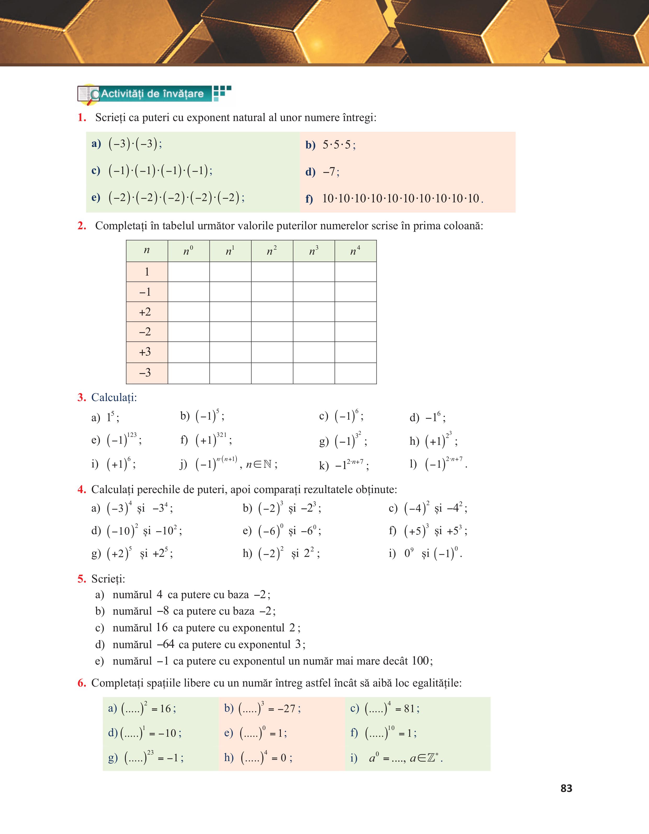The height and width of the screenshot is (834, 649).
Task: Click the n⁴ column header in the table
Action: point(355,251)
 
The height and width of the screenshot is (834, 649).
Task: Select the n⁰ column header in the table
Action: point(188,251)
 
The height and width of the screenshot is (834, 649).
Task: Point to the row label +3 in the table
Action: point(145,352)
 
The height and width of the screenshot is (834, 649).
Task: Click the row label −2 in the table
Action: point(145,332)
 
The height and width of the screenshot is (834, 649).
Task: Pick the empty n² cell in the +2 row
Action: point(272,312)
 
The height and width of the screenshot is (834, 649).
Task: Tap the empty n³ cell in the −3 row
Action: point(314,373)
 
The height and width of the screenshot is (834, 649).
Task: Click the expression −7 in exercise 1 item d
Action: point(330,172)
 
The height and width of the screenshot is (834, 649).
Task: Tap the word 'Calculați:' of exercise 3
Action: point(114,398)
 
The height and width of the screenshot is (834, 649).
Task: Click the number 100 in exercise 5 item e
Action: point(420,661)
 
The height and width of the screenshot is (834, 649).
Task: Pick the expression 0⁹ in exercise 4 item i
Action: point(409,553)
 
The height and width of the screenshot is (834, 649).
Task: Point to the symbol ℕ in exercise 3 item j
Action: point(267,464)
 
